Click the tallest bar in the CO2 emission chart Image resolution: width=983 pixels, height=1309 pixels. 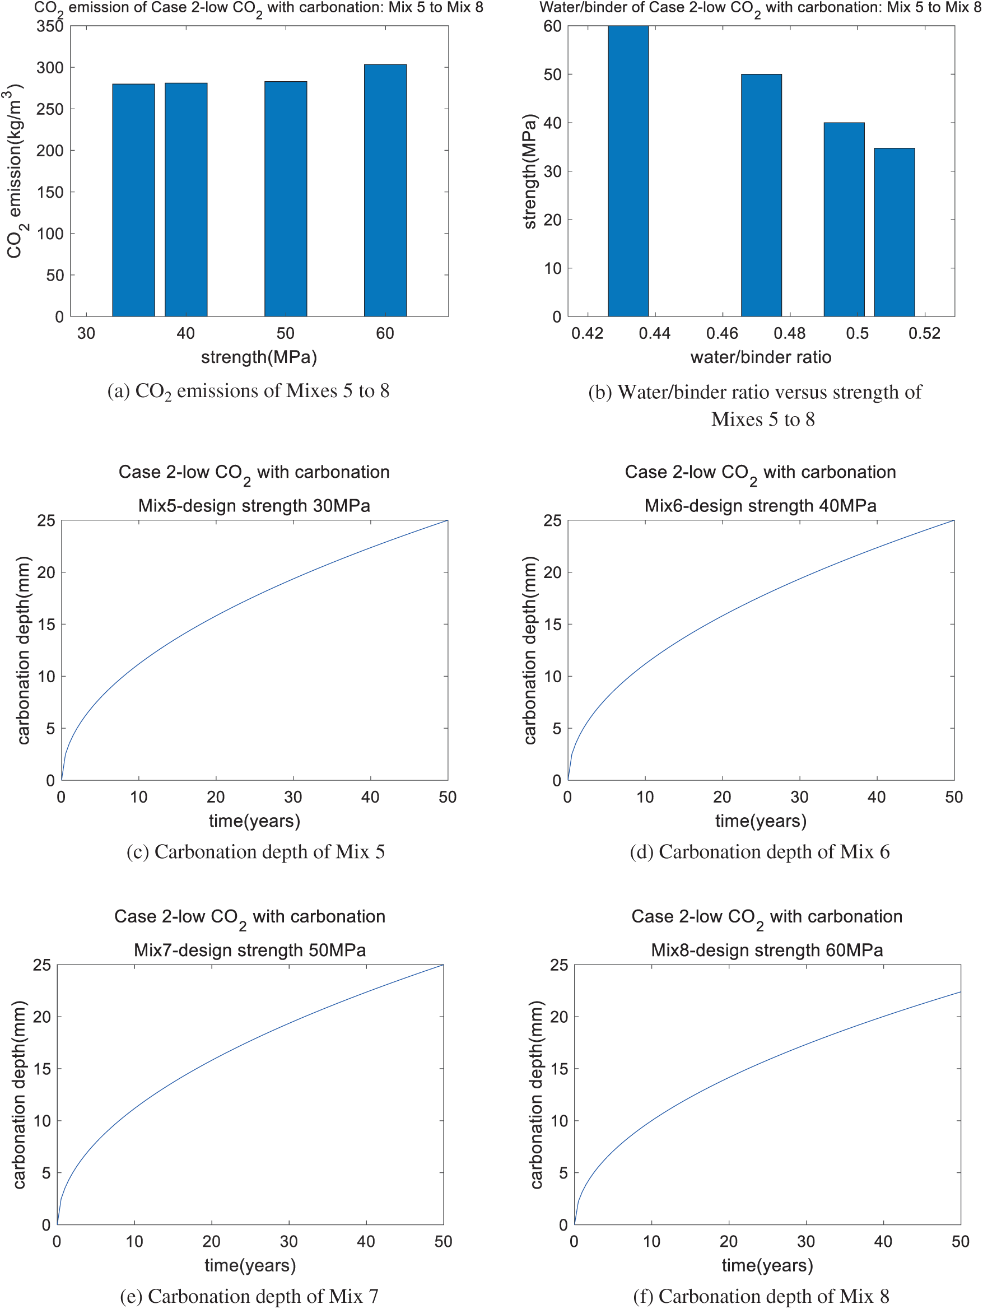[x=385, y=190]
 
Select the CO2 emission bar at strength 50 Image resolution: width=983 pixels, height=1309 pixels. [x=285, y=199]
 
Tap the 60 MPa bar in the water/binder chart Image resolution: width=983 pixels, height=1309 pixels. [x=628, y=171]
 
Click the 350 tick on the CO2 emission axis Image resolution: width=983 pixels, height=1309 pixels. [x=50, y=27]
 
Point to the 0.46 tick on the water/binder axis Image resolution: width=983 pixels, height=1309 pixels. [x=722, y=334]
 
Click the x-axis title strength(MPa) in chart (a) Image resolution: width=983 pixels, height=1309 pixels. [x=259, y=357]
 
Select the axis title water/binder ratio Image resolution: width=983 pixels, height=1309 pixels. [x=761, y=357]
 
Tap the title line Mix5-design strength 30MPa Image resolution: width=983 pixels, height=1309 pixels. [x=254, y=506]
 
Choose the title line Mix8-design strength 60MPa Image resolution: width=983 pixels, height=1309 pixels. [x=766, y=951]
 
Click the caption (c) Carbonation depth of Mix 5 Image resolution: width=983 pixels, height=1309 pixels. [x=255, y=851]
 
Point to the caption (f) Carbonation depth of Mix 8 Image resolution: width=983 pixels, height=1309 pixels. [x=761, y=1296]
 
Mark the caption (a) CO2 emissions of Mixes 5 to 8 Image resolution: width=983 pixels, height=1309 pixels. [x=248, y=391]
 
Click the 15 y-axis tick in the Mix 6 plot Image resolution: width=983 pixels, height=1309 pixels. [x=552, y=625]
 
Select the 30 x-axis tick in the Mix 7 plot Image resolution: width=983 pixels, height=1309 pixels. [x=289, y=1242]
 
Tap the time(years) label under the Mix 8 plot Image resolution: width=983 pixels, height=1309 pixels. [x=767, y=1265]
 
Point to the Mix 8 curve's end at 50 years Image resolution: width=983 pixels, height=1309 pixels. [x=959, y=992]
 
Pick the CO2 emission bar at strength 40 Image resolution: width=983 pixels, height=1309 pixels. [x=186, y=200]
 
